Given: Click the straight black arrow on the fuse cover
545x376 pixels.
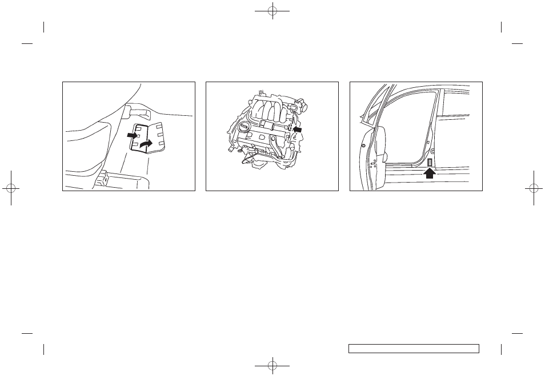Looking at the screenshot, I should tap(133, 136).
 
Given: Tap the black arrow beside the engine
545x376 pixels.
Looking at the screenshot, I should tap(297, 130).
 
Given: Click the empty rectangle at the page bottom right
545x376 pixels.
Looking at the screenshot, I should tap(413, 348).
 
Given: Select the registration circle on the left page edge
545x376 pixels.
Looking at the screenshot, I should tap(10, 188).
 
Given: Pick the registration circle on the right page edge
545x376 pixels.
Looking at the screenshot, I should tap(534, 188).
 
